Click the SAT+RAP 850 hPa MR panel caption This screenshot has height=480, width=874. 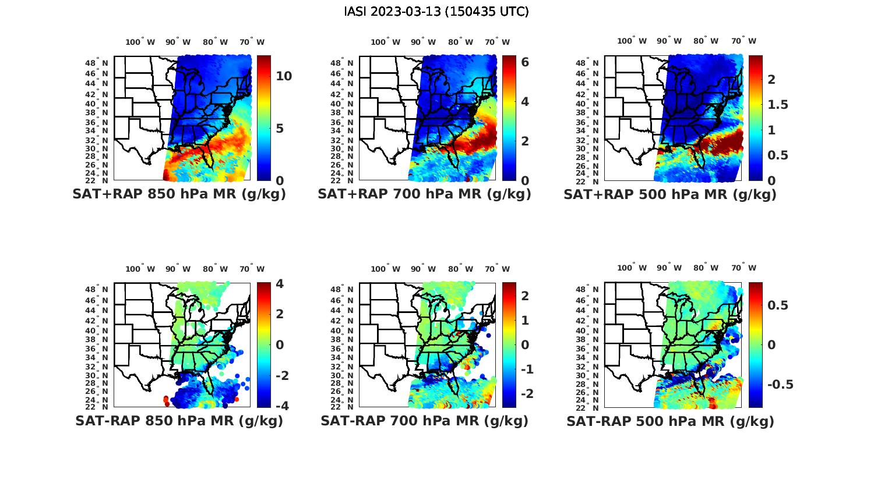tap(179, 194)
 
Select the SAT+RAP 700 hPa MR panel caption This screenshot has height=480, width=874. tap(424, 194)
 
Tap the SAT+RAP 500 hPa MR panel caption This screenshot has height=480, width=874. tap(670, 194)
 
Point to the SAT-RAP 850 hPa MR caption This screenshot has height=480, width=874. tap(179, 421)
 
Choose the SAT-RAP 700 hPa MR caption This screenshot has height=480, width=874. tap(424, 421)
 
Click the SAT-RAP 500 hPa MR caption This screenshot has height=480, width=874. tap(670, 421)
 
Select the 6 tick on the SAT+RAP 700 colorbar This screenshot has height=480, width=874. tap(524, 62)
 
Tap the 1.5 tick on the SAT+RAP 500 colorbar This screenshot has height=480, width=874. tap(778, 105)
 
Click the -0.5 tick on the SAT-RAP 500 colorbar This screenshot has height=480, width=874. tap(780, 385)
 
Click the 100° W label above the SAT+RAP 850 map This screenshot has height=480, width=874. tap(140, 42)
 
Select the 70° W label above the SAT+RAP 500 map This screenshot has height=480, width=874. tap(743, 41)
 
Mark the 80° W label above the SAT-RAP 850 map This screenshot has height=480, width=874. tap(215, 269)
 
